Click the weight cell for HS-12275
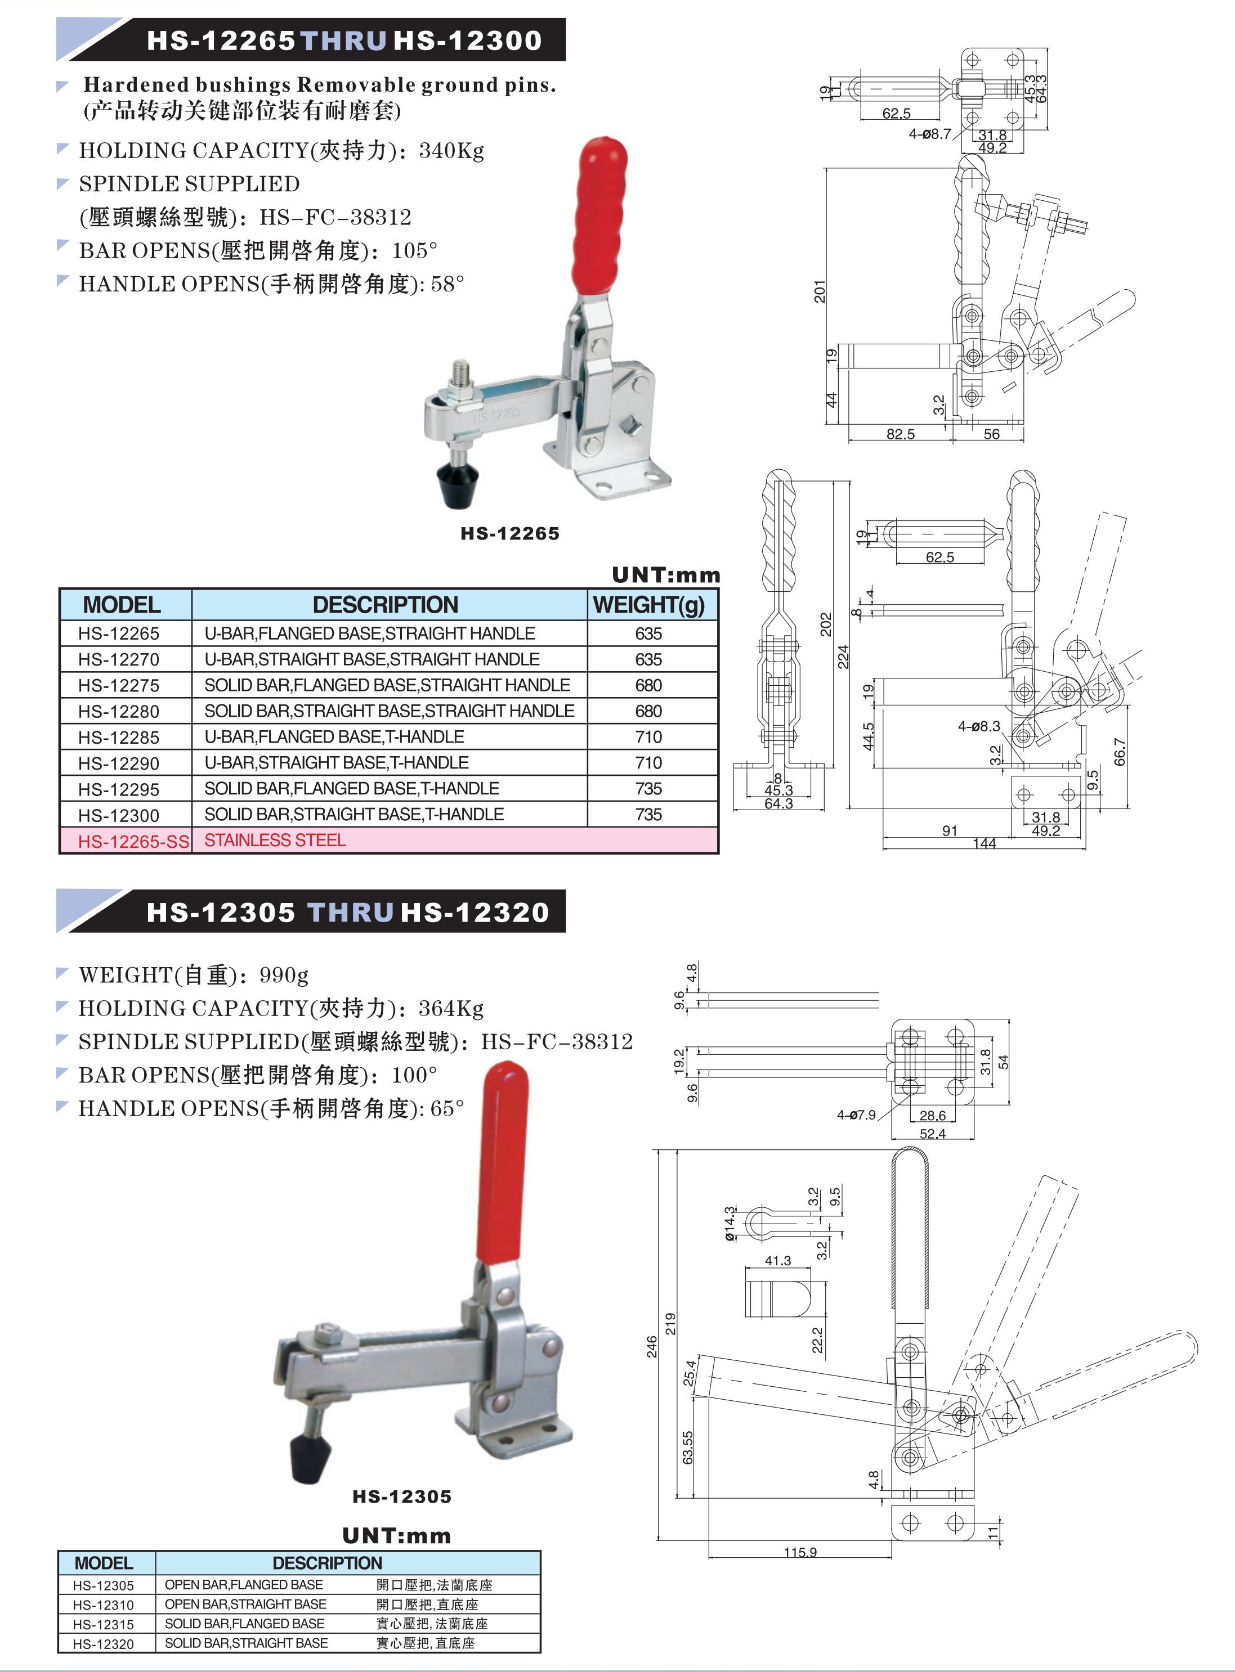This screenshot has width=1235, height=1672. [648, 685]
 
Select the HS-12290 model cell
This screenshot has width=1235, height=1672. [119, 763]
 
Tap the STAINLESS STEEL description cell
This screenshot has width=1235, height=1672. [275, 841]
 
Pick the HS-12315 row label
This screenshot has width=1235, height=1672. [103, 1624]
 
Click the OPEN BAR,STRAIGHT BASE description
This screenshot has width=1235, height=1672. [245, 1604]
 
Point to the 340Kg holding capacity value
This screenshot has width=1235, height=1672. [451, 151]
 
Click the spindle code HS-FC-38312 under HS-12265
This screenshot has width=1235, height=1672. [335, 217]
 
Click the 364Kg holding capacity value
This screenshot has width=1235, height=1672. [451, 1009]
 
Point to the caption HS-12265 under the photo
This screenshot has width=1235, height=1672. [510, 533]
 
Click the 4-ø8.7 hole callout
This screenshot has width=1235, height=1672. [929, 134]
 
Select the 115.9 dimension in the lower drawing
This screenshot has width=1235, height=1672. [800, 1553]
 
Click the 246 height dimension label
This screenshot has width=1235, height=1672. [652, 1347]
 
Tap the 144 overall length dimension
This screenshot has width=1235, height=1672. [984, 843]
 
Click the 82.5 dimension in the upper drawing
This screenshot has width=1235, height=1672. [900, 434]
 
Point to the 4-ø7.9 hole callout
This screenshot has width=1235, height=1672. [856, 1116]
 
